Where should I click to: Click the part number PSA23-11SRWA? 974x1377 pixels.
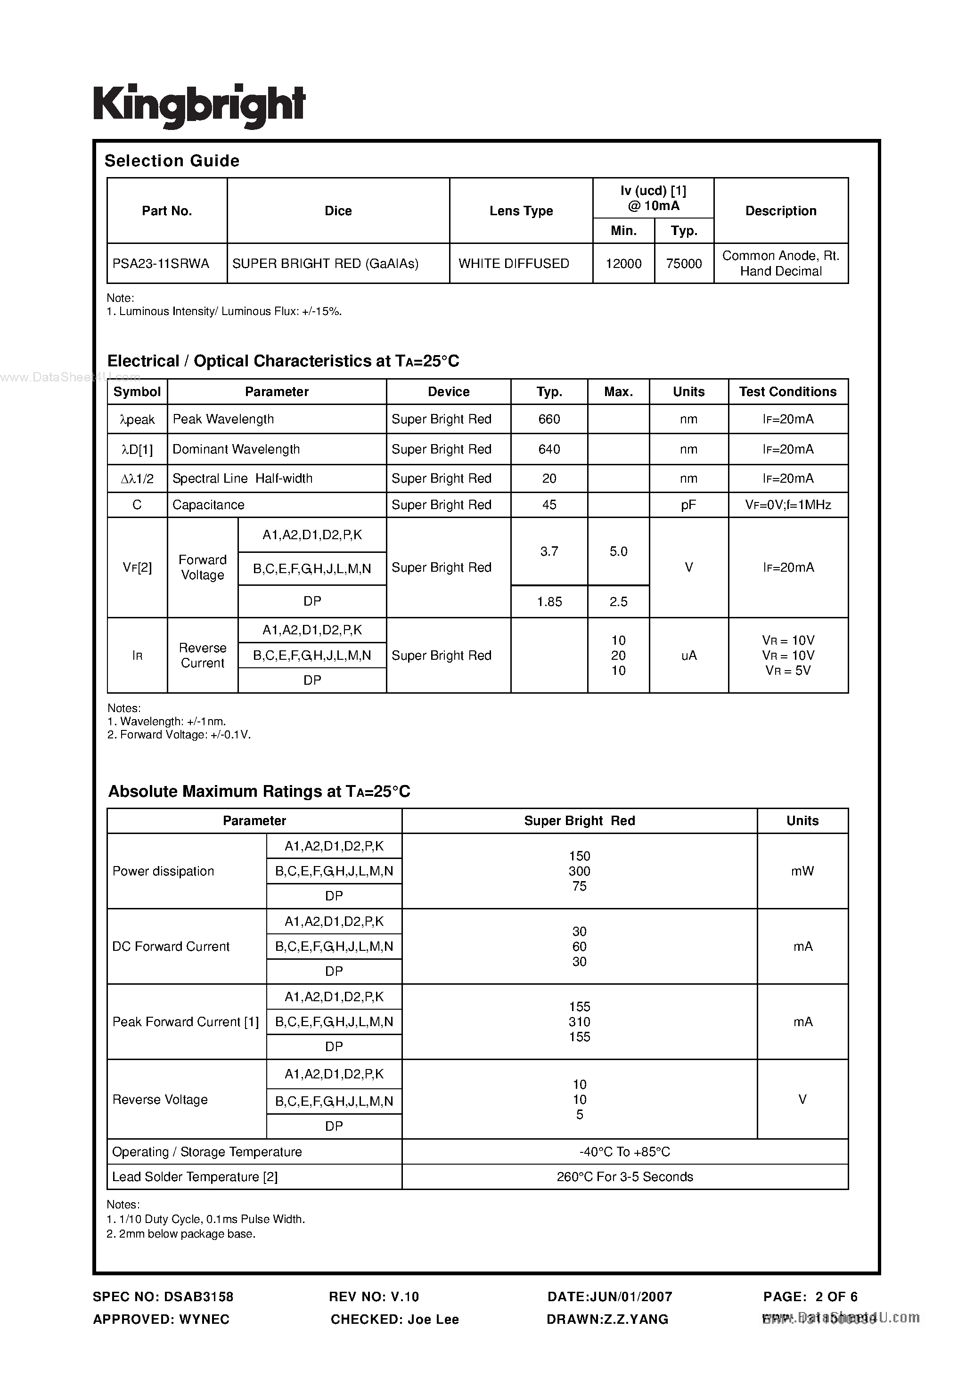coord(161,263)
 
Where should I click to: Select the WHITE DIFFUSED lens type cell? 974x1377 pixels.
coord(514,263)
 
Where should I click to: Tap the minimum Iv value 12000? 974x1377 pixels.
coord(623,263)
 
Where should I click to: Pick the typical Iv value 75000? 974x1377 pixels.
coord(684,263)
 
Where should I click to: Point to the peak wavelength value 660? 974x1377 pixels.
coord(549,419)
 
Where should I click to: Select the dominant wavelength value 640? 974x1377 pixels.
coord(549,449)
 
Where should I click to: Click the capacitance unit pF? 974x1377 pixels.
coord(688,505)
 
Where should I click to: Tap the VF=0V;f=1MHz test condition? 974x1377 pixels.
coord(788,505)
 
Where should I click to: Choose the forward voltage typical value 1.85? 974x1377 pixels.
coord(549,601)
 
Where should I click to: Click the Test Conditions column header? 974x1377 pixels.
coord(787,392)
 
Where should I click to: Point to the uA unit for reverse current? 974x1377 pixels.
coord(688,656)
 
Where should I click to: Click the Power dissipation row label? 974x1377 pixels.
coord(163,871)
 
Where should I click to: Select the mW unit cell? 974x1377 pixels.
coord(802,871)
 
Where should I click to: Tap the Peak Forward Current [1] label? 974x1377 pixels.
coord(186,1021)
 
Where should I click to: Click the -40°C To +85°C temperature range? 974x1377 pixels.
coord(625,1151)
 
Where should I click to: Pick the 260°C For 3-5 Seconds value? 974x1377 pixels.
coord(625,1177)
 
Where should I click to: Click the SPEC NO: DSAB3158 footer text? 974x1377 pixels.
coord(163,1296)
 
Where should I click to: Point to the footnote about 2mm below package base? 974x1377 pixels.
coord(181,1234)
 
